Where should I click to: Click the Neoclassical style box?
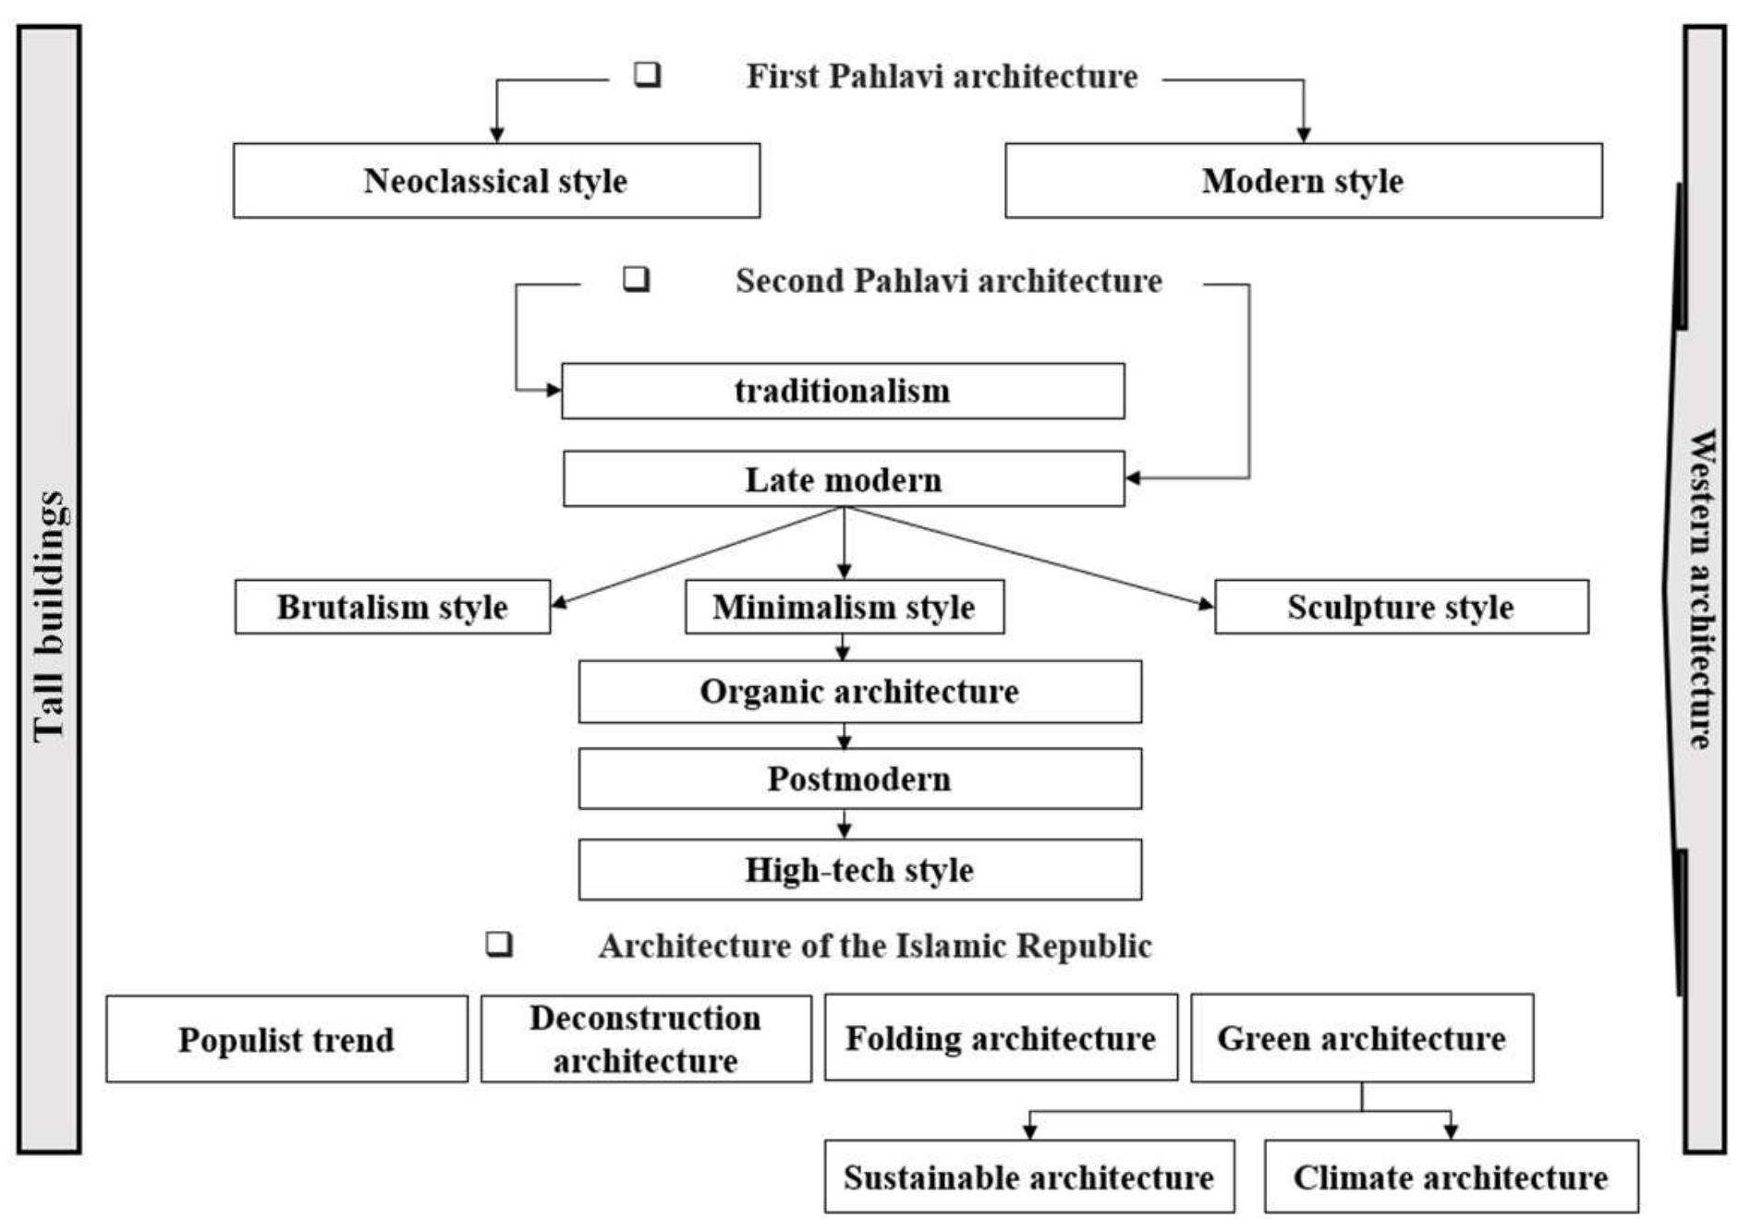click(496, 181)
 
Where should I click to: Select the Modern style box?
click(1303, 181)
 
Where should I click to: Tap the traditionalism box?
click(843, 391)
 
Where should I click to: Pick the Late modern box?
click(843, 479)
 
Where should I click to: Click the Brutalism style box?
click(392, 608)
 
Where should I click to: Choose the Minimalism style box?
click(844, 608)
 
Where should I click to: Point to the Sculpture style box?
click(1401, 608)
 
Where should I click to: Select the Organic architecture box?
click(859, 692)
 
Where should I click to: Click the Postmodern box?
click(859, 779)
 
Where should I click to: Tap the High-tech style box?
click(859, 870)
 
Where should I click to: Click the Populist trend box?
click(286, 1040)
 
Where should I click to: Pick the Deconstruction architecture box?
click(646, 1040)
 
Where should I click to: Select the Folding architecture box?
click(1001, 1039)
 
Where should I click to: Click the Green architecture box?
click(1361, 1039)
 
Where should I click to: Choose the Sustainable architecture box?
click(1028, 1177)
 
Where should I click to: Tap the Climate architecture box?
click(1451, 1177)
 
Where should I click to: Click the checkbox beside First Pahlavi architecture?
click(647, 74)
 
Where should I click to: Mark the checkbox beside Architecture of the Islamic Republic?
click(499, 944)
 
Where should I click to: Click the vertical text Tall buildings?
click(49, 617)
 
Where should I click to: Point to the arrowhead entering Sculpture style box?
click(1206, 605)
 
